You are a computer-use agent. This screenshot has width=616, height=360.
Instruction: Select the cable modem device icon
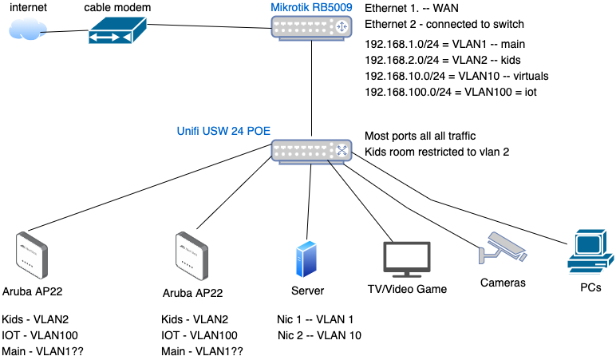pos(116,33)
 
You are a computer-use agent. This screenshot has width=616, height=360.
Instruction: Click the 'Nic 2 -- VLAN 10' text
pos(319,335)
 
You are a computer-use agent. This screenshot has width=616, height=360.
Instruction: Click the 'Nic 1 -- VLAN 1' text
pos(316,319)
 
